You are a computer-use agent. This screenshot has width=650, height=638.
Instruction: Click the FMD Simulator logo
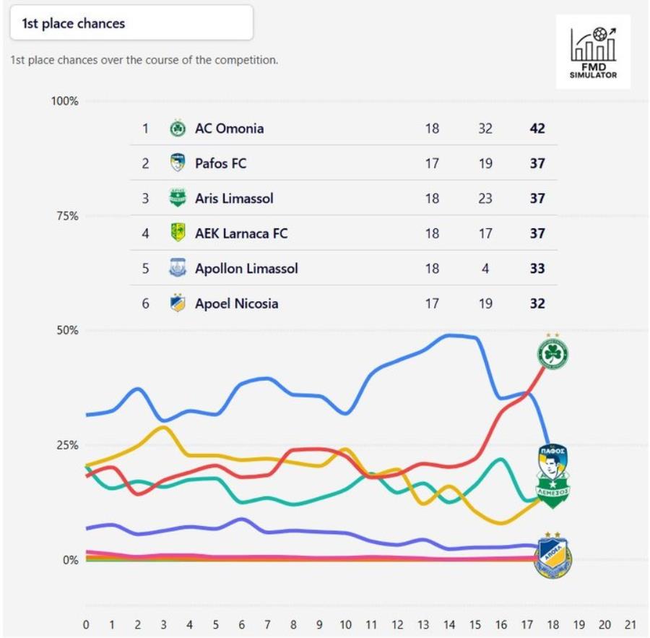(593, 51)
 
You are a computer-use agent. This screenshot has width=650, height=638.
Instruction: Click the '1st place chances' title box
(131, 23)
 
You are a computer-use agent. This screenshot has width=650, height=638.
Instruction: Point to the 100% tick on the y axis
(64, 100)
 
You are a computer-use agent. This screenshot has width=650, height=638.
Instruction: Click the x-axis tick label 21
(630, 624)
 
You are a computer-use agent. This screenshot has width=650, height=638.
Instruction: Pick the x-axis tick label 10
(345, 624)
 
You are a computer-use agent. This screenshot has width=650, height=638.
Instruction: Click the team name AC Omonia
(229, 129)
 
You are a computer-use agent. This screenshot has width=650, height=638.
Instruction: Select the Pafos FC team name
(220, 163)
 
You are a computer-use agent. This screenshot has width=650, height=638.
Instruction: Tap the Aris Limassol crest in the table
(178, 198)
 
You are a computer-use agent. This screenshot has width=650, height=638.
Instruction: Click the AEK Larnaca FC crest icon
(178, 233)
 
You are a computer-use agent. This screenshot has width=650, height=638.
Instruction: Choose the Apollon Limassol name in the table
(246, 268)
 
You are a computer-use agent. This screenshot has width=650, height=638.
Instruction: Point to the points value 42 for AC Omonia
(537, 129)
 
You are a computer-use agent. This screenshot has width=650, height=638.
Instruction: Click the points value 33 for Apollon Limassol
(537, 268)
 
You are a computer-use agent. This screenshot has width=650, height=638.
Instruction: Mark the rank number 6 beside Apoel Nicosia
(145, 303)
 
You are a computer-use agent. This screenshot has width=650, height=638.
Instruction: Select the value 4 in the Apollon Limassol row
(485, 268)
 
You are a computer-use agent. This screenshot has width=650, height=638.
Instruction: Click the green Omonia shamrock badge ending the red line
(552, 353)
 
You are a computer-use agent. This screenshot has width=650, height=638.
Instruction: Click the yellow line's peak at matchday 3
(165, 427)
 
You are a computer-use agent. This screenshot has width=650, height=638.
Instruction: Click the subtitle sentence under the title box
(144, 60)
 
